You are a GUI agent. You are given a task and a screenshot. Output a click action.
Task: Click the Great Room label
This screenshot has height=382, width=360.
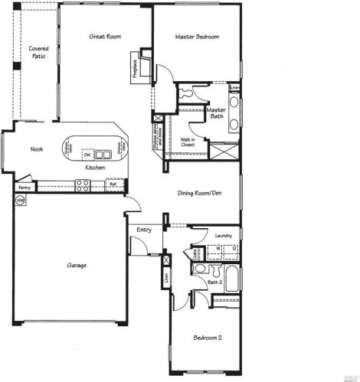(x=105, y=36)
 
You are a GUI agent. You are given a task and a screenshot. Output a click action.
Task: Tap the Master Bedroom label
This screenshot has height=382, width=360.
(x=197, y=37)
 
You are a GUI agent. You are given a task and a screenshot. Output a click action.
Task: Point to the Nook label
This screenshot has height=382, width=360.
(x=37, y=149)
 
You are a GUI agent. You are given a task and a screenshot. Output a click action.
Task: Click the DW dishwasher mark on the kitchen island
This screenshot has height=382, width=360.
(x=98, y=155)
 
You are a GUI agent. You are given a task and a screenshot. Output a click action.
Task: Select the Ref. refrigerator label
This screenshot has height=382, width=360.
(x=112, y=184)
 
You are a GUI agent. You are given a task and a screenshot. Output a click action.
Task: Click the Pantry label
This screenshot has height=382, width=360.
(x=23, y=186)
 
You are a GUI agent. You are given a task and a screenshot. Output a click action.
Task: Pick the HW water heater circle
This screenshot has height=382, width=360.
(x=19, y=200)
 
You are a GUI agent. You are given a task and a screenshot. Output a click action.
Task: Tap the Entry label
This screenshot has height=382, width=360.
(x=144, y=230)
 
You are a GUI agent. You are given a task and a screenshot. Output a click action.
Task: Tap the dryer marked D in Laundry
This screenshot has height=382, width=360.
(x=232, y=249)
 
